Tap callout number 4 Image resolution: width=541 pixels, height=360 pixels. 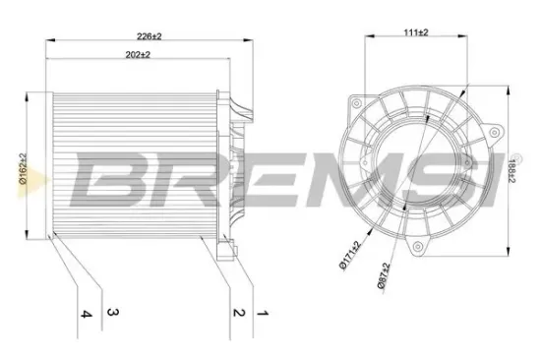(87, 314)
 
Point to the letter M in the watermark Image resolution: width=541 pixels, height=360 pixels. (323, 180)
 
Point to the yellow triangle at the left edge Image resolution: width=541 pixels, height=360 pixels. (27, 181)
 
